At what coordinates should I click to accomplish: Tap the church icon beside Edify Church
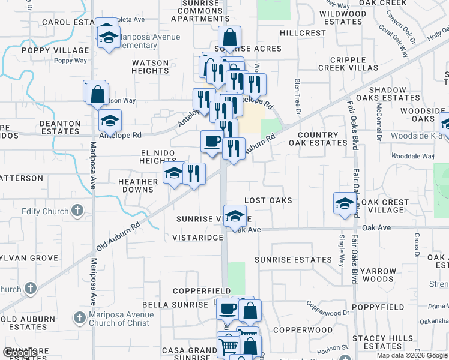coord(77,211)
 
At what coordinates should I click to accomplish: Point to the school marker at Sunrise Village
coord(235,215)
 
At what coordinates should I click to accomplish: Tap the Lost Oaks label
coord(268,200)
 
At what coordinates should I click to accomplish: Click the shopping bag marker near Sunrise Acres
coord(229,36)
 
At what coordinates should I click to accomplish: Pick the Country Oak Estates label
coord(318,139)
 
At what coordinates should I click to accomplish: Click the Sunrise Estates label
coord(293,260)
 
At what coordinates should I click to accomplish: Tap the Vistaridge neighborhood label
coord(197,238)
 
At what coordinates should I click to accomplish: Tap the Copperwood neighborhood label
coord(303,330)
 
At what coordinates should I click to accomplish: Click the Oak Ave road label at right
coord(376,227)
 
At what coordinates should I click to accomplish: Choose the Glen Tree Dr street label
coord(297,96)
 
